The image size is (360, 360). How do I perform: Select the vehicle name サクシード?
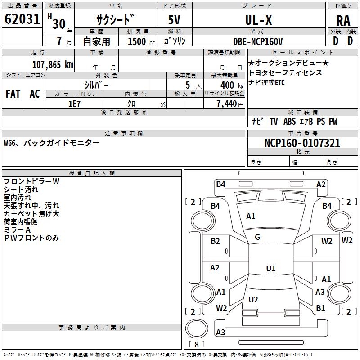tap(116, 20)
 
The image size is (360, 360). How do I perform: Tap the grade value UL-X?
tap(258, 20)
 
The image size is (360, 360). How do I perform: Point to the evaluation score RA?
tap(343, 21)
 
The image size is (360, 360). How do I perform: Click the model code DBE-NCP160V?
tap(258, 41)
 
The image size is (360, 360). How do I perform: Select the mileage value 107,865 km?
tap(53, 64)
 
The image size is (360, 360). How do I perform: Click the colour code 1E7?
tap(74, 103)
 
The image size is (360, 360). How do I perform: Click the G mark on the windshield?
tap(257, 237)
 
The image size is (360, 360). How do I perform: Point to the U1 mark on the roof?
tap(270, 269)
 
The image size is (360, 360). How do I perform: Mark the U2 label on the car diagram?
tap(253, 300)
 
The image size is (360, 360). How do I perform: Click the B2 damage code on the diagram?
tap(216, 241)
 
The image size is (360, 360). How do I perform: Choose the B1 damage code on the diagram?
tap(320, 308)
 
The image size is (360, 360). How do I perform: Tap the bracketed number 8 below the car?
tap(196, 344)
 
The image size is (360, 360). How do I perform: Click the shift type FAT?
tap(13, 94)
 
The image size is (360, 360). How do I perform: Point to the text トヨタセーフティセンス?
tap(285, 72)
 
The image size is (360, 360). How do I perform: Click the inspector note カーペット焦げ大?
tap(31, 214)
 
